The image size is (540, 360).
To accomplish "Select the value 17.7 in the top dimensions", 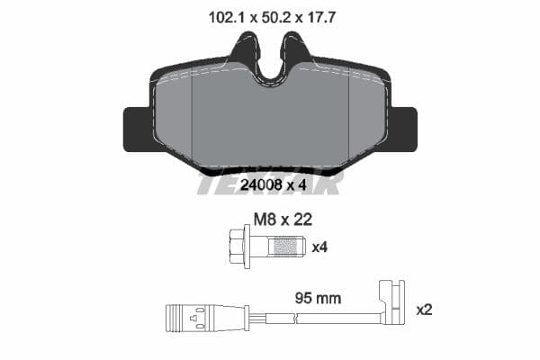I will tap(321, 15).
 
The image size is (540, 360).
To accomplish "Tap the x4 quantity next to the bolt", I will tap(319, 246).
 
